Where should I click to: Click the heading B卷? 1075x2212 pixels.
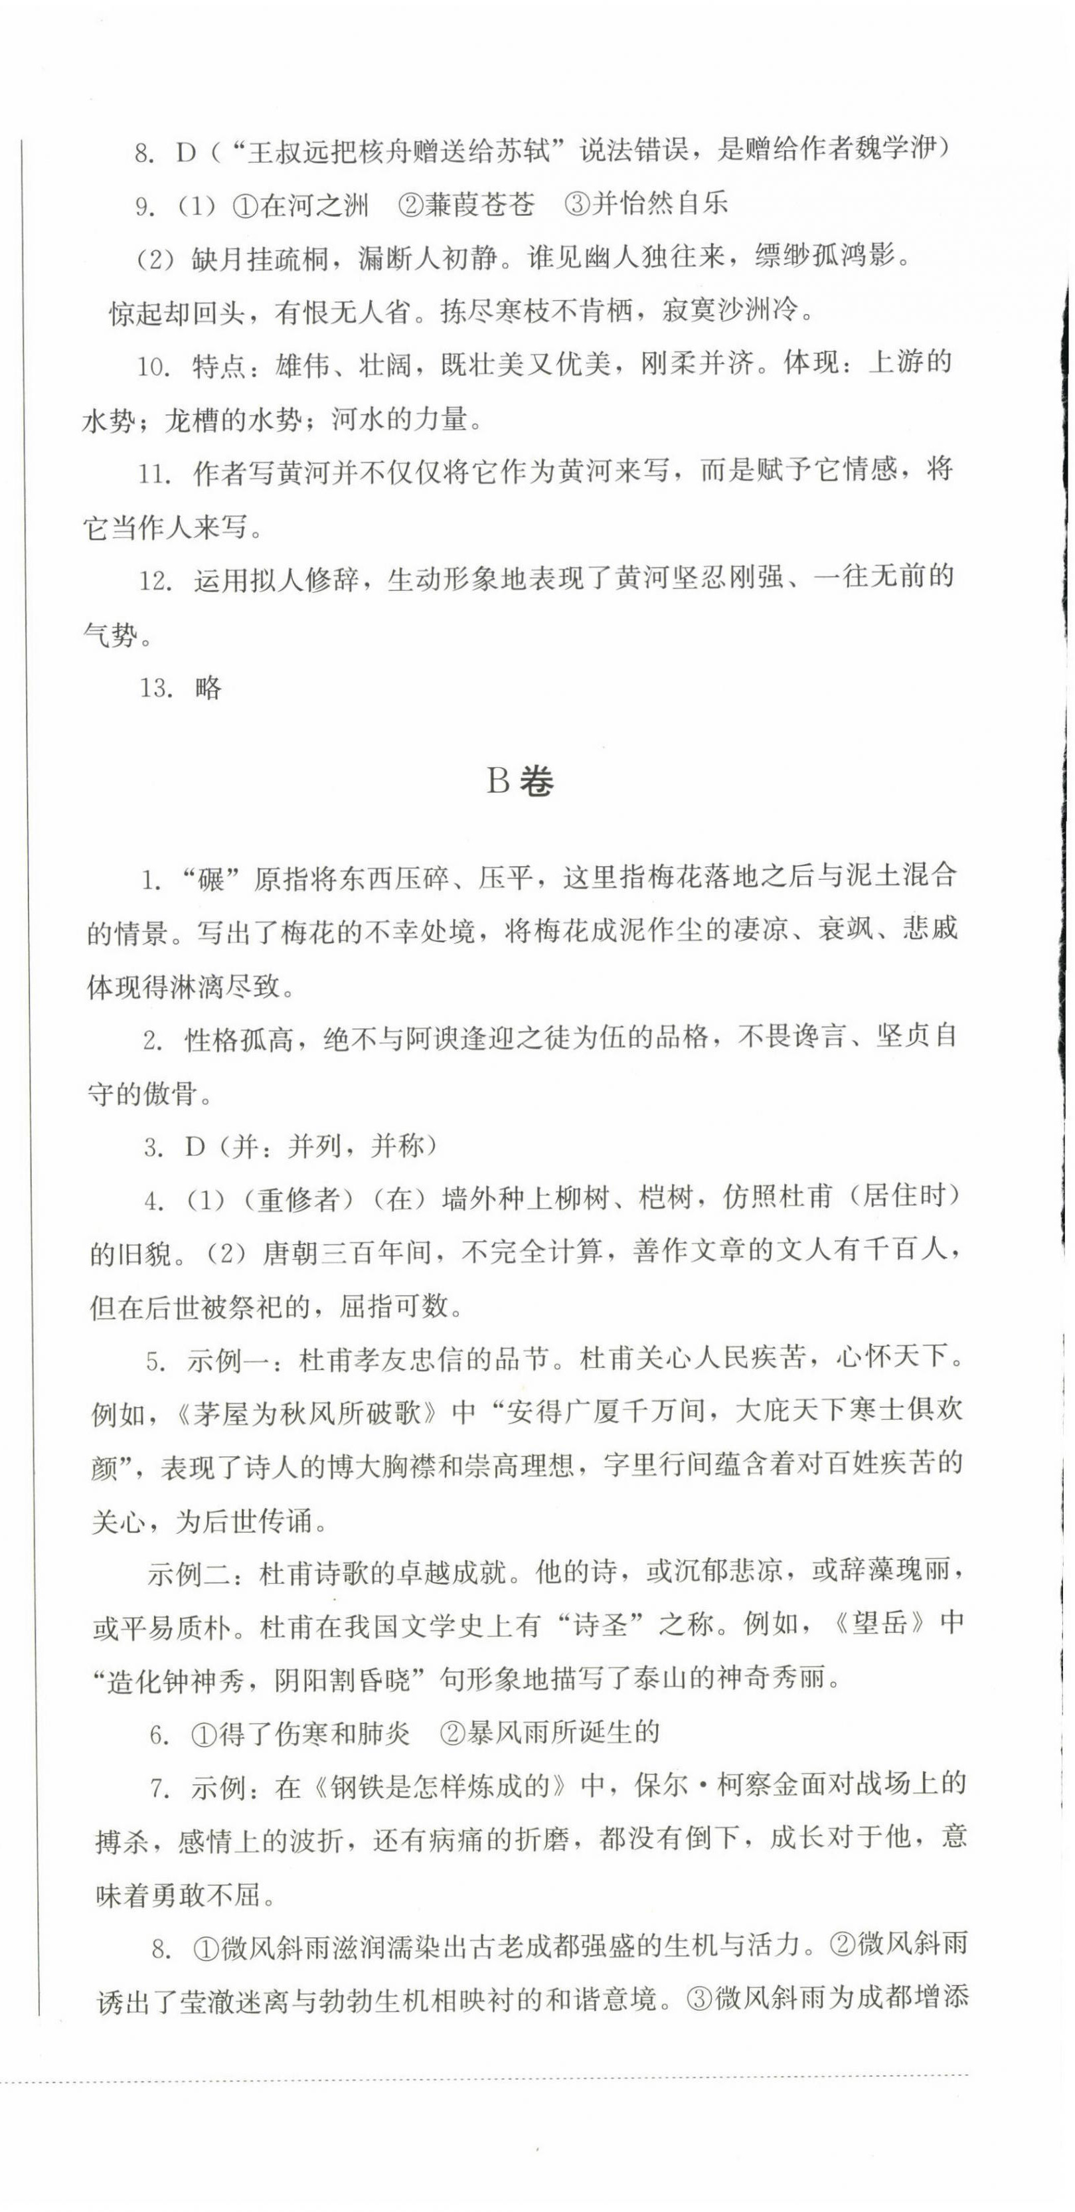pyautogui.click(x=521, y=782)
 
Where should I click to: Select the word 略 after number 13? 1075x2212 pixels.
pyautogui.click(x=208, y=688)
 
